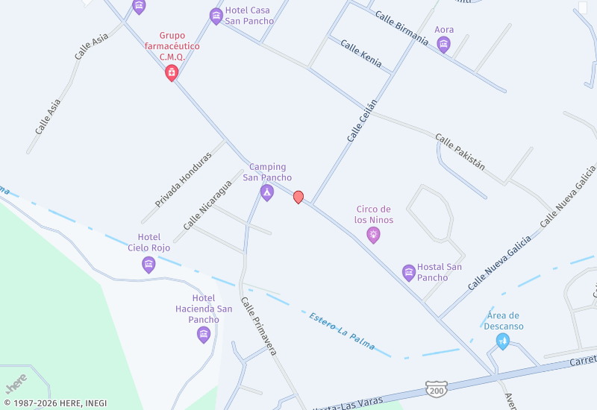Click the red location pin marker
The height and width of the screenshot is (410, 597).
pos(298,197)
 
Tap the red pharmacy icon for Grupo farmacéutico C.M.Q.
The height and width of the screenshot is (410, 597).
pos(172,72)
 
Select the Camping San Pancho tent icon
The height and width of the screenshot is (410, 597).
pos(266,192)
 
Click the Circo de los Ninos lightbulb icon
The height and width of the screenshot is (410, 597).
pos(374,235)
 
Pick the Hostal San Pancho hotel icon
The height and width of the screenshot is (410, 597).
pos(408,272)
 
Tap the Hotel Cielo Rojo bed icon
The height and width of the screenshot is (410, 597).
pos(149,264)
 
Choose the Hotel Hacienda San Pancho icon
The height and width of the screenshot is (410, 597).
pos(204,334)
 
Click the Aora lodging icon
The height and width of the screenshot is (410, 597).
pos(444,45)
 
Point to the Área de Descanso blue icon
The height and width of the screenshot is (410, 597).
pos(503,341)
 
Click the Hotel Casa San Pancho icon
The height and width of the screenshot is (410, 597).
pos(216,16)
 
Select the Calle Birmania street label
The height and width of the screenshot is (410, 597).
pos(401,28)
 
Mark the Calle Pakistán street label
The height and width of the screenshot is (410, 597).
pos(460,152)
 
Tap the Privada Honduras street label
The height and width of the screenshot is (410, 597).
pos(184,179)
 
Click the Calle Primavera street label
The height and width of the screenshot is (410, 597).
pos(259,326)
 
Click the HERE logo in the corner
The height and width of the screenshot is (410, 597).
pos(16,382)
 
